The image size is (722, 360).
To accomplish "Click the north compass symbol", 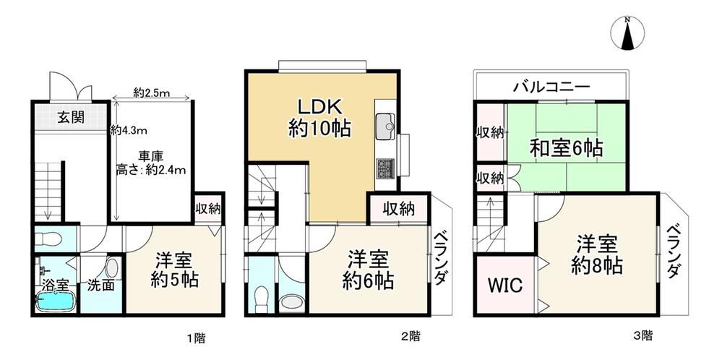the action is tap(627, 33).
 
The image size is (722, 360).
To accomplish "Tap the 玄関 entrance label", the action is tap(71, 117).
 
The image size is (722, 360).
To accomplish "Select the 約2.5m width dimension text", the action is tap(152, 93).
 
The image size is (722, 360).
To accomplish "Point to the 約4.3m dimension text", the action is tap(129, 131).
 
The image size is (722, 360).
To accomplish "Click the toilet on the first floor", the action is tap(48, 239).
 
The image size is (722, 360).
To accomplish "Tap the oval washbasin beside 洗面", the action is tap(111, 268).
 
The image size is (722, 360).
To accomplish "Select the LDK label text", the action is tap(319, 108).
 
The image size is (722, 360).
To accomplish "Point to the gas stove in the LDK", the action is tap(385, 168).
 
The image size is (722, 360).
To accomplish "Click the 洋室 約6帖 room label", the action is tap(367, 269).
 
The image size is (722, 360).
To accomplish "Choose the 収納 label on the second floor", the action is tap(399, 209).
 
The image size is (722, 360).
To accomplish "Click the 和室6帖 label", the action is tap(566, 148).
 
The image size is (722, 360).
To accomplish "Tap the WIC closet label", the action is tap(505, 286).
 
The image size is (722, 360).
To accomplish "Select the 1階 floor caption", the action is tap(196, 339).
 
